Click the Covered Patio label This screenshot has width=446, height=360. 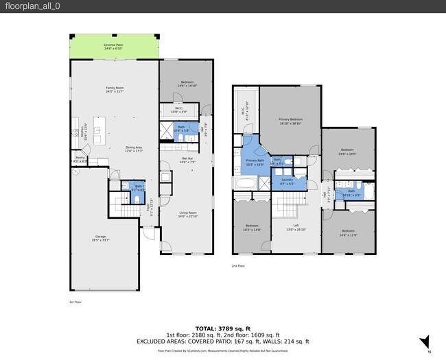coord(113,47)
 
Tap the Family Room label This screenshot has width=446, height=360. coord(114,90)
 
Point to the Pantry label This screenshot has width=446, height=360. coord(80,159)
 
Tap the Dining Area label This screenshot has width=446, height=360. coord(133,149)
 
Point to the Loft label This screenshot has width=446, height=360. coord(296,227)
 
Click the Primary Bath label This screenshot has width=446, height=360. coord(255,162)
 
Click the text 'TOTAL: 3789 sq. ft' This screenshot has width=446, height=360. coord(223,328)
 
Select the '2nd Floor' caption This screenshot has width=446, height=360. coord(239,265)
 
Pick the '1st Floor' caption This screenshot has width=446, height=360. coord(75,302)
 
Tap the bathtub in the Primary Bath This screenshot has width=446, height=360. coord(244,183)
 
